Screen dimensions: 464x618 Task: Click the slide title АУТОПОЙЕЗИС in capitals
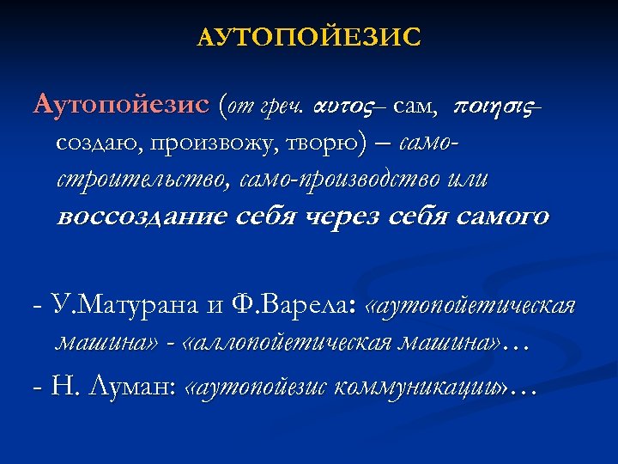pyautogui.click(x=309, y=38)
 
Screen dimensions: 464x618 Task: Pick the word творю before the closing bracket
pyautogui.click(x=323, y=143)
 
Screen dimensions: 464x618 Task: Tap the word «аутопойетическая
pyautogui.click(x=470, y=307)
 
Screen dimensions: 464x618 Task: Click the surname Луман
pyautogui.click(x=130, y=388)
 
